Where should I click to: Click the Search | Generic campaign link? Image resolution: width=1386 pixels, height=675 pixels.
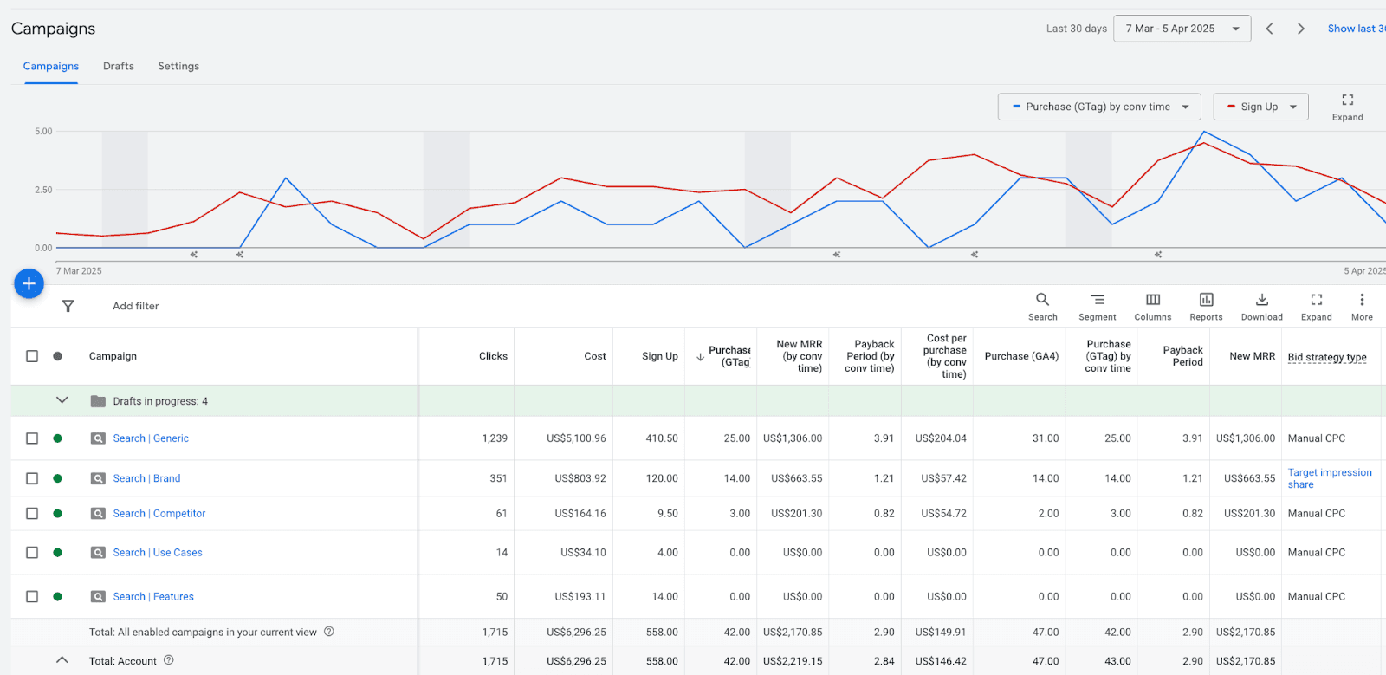[151, 438]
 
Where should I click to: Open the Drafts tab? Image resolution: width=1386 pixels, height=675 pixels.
[119, 66]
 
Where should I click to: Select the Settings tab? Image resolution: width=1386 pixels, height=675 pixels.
[178, 66]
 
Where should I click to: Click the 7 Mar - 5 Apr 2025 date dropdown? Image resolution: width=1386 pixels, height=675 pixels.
[1182, 29]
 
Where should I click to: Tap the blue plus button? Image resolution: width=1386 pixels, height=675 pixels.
[29, 283]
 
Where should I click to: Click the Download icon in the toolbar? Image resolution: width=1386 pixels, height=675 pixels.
[1261, 300]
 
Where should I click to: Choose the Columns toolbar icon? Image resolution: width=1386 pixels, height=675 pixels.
[1152, 300]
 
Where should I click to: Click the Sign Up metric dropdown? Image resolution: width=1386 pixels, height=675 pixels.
[1260, 107]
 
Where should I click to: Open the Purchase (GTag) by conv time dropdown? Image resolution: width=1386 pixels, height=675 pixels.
[1098, 107]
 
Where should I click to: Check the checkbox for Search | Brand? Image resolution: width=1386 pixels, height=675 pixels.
[32, 478]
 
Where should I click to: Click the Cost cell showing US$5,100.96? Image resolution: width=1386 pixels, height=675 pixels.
[576, 438]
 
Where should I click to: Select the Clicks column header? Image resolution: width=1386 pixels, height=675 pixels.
[493, 356]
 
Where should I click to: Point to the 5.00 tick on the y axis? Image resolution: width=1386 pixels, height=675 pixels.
[43, 132]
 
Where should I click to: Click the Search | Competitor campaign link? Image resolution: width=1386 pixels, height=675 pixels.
[159, 514]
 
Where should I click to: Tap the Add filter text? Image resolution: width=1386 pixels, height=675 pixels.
[136, 306]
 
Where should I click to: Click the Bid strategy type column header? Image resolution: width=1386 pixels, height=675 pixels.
[1326, 357]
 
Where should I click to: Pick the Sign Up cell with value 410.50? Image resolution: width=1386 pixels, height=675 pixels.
[661, 438]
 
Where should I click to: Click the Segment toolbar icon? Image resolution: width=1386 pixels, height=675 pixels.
[1097, 300]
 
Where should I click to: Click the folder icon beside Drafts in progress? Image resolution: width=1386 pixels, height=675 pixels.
[98, 401]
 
